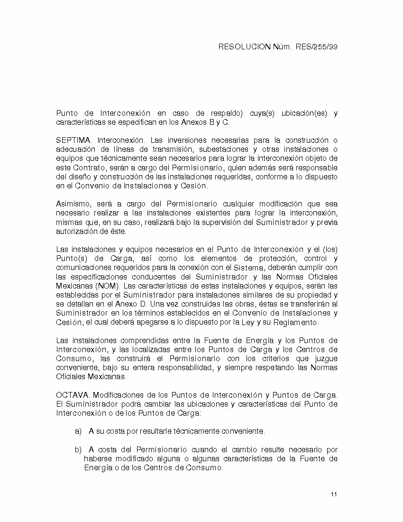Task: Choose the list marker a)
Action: tap(79, 431)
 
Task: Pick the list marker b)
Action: tap(79, 450)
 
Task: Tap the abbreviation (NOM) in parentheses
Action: tap(108, 286)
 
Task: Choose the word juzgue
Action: tap(324, 359)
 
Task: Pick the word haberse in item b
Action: tap(98, 459)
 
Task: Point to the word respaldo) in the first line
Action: tap(224, 113)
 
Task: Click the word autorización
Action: tap(77, 232)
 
